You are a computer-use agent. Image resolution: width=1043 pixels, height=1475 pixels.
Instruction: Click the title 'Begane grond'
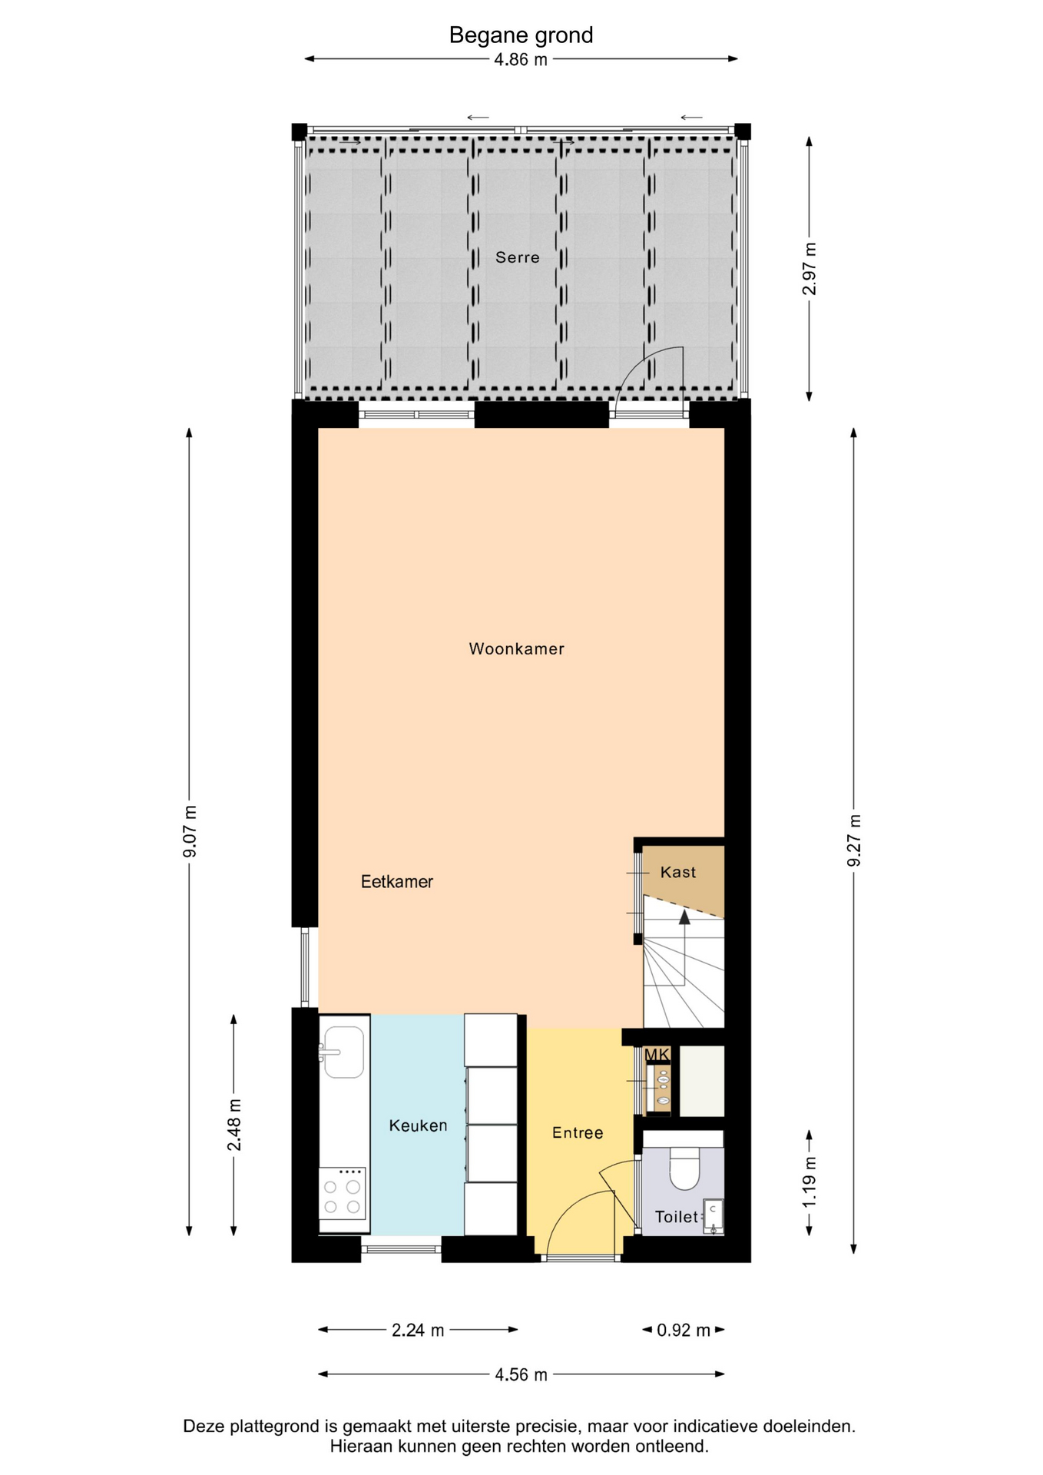[521, 35]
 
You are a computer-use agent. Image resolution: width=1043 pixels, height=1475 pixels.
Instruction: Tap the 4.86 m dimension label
[521, 60]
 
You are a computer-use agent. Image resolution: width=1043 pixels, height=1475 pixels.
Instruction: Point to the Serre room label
[517, 257]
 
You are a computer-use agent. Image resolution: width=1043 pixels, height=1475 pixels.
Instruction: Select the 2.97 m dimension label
[810, 269]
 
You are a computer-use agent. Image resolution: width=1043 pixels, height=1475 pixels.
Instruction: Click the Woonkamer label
[517, 649]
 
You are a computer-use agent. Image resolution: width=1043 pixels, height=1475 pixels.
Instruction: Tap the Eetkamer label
[397, 882]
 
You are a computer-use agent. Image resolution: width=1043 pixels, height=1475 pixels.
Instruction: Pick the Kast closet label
[678, 872]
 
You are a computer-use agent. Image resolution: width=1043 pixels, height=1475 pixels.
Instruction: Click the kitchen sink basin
[343, 1052]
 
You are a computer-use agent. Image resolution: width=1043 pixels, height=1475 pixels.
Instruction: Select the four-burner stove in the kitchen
[343, 1199]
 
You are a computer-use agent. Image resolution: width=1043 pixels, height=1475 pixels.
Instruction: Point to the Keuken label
[418, 1125]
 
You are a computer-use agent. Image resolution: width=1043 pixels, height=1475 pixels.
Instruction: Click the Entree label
[578, 1132]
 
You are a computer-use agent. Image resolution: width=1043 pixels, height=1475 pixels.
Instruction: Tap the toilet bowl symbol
[684, 1168]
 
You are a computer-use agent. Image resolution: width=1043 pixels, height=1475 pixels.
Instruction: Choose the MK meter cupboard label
[657, 1055]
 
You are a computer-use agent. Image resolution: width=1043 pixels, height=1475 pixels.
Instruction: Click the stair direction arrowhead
[684, 916]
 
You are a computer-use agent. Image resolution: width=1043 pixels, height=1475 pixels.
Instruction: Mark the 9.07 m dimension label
[190, 831]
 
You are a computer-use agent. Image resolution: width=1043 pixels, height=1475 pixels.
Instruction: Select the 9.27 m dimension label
[854, 840]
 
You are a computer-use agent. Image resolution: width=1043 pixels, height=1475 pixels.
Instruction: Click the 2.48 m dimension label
[234, 1125]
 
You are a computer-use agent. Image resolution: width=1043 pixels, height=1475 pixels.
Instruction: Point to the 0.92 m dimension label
[684, 1331]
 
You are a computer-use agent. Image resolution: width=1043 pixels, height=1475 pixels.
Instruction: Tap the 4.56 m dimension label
[521, 1375]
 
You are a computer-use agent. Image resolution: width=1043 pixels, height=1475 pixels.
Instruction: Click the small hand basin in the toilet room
[714, 1216]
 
